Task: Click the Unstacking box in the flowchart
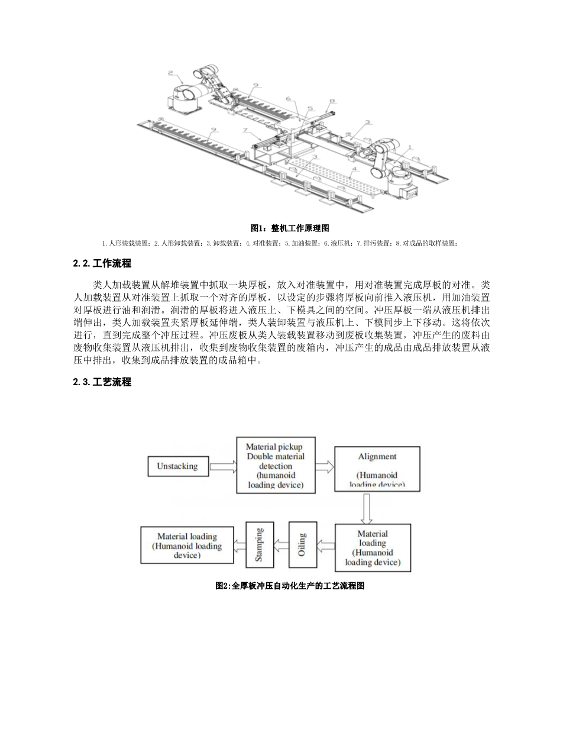(177, 466)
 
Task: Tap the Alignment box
(377, 469)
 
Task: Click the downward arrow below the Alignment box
(366, 508)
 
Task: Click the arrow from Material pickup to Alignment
(324, 467)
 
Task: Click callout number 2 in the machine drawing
(170, 74)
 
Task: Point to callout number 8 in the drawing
(332, 101)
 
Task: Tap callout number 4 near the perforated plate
(353, 170)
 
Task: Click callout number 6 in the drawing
(288, 99)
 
